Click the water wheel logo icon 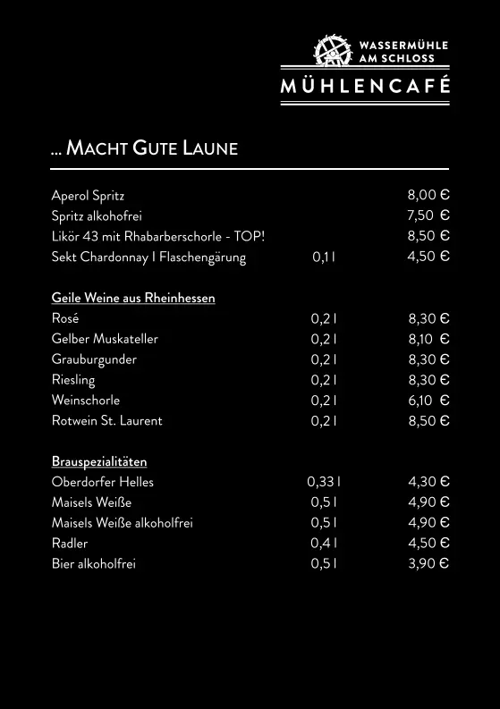point(332,50)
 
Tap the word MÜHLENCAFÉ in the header point(365,87)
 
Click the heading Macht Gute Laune point(145,148)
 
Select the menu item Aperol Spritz point(88,195)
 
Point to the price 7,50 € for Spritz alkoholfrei point(428,215)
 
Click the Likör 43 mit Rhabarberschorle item point(158,236)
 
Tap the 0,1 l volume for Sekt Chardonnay point(324,257)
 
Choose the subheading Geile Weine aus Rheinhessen point(133,298)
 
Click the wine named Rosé point(65,318)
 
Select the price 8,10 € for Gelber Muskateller point(428,339)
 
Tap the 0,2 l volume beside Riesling point(324,380)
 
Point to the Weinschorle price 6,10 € point(428,401)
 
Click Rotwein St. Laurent point(107,420)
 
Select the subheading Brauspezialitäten point(99,461)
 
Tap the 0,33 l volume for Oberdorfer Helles point(324,482)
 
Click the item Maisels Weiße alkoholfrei point(123,523)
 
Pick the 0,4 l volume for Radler point(324,543)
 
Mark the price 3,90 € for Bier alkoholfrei point(428,563)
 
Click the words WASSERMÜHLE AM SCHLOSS point(403,51)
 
